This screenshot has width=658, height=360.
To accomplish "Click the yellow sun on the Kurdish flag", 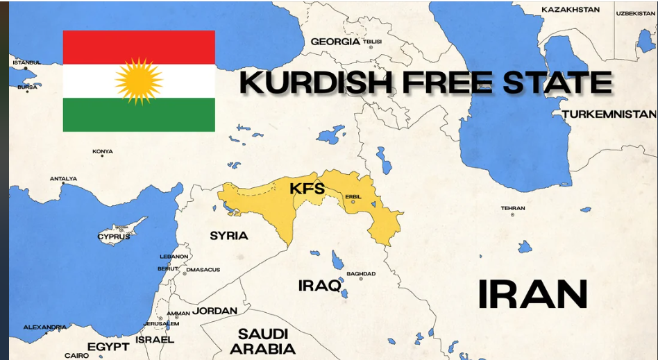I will pos(139,81).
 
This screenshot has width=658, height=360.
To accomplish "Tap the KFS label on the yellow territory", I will pos(307,188).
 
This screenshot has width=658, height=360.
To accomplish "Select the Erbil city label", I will pos(353,196).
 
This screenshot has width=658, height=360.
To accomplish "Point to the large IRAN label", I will pos(532,294).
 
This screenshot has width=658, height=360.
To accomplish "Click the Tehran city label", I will pos(513,208).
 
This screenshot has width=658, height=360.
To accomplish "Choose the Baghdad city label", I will pos(361,274).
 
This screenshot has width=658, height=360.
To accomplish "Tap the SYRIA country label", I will pos(229,236).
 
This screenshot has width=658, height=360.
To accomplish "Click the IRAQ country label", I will pos(319,285).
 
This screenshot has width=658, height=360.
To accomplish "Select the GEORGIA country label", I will pos(335,42).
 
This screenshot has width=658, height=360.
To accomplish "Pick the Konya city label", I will pos(103,151).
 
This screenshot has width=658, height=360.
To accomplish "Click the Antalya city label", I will pos(63,179).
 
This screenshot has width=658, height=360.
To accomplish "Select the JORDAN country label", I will pos(214,311).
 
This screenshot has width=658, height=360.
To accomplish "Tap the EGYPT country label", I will pos(108,346).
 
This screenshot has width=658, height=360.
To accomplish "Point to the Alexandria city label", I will pos(45,327).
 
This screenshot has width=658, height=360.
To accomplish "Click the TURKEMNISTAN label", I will pos(609,114).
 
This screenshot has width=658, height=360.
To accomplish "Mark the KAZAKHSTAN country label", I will pos(570,10).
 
